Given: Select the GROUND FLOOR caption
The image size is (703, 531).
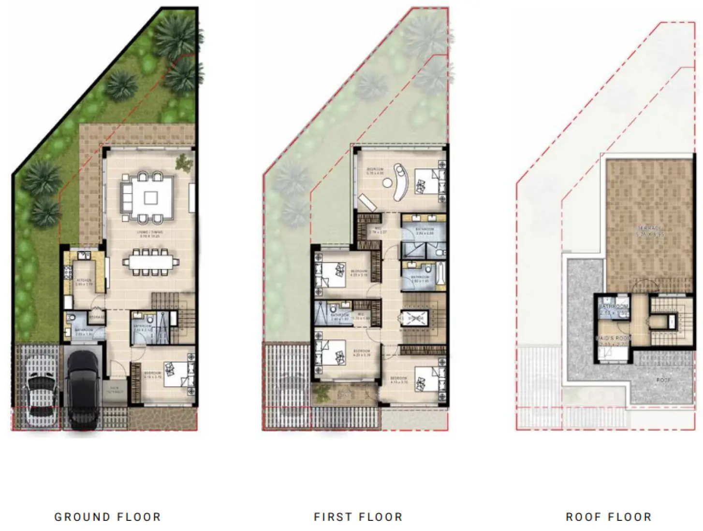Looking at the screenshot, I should [107, 517].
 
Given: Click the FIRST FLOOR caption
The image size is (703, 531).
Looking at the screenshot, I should [358, 517].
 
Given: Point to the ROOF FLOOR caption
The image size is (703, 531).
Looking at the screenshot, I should [608, 517].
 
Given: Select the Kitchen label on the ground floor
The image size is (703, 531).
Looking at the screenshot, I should [83, 280].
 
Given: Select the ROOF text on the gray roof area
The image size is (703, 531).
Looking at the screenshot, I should [663, 380].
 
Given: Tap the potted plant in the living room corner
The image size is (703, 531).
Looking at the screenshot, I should [183, 162].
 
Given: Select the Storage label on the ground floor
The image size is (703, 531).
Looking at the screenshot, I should [96, 317].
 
